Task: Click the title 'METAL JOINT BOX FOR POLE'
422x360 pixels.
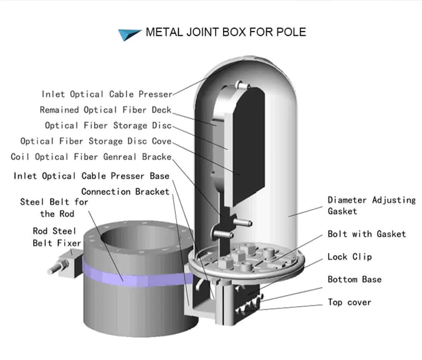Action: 225,32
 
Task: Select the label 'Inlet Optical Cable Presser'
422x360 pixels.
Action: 107,94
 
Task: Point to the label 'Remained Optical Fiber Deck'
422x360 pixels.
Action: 106,110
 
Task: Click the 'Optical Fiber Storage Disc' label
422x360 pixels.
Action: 108,125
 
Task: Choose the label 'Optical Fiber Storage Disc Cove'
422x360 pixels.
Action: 96,141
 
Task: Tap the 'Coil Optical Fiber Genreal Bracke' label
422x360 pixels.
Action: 91,157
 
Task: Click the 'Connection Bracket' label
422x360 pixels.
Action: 125,191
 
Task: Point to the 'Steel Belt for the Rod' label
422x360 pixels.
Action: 54,208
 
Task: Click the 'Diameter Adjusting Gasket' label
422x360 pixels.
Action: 371,206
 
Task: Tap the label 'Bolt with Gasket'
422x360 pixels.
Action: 367,234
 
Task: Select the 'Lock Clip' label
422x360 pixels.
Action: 349,257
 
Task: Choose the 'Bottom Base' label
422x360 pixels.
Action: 354,279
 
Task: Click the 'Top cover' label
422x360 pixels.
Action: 349,302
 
